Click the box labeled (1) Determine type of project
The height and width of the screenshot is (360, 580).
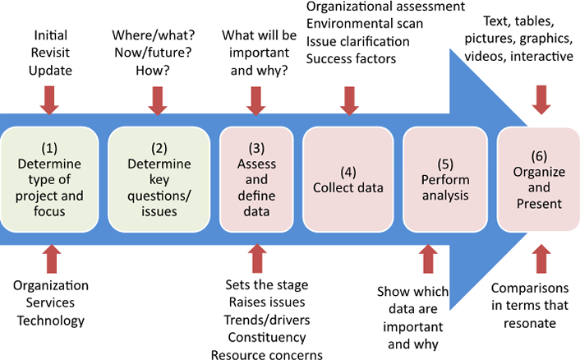(x=49, y=179)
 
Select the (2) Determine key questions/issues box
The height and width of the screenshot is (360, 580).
(x=159, y=179)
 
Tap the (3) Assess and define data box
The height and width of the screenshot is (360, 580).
(x=256, y=179)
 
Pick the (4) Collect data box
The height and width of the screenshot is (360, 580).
(x=348, y=179)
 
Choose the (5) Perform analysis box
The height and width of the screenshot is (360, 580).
(x=445, y=179)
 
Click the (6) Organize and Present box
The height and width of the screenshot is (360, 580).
(x=539, y=179)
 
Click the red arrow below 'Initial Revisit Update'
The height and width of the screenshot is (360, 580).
(x=49, y=100)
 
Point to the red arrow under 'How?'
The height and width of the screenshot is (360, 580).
(x=158, y=100)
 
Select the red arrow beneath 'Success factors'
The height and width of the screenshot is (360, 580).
(x=349, y=100)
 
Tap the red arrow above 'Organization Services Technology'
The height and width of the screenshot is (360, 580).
(x=52, y=259)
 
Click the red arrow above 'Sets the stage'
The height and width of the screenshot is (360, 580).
(x=257, y=258)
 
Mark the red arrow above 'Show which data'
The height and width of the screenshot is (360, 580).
(x=428, y=259)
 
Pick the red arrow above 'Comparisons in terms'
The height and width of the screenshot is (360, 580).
(x=541, y=259)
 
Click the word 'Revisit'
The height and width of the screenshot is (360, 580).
(x=50, y=53)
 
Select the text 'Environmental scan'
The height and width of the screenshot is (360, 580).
(x=365, y=24)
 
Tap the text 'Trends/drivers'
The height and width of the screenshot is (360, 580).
(x=267, y=320)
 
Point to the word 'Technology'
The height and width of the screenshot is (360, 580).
(x=51, y=321)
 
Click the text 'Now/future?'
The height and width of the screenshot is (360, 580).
(x=153, y=53)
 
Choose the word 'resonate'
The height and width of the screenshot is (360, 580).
(x=530, y=323)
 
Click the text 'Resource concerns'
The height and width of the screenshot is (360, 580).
(x=267, y=354)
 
